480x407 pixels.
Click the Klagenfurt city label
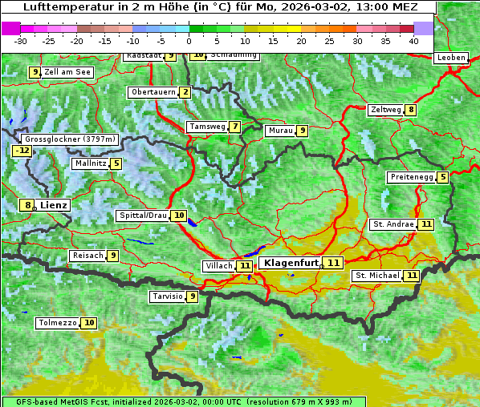pyautogui.click(x=290, y=263)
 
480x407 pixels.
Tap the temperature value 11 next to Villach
pyautogui.click(x=246, y=266)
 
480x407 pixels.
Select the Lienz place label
pyautogui.click(x=54, y=205)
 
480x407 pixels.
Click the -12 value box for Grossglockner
pyautogui.click(x=22, y=151)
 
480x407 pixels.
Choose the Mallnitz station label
pyautogui.click(x=89, y=163)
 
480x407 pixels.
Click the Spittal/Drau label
pyautogui.click(x=143, y=216)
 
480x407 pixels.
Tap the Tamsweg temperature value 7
pyautogui.click(x=234, y=127)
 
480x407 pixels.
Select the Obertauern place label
pyautogui.click(x=153, y=92)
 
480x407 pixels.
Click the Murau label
pyautogui.click(x=279, y=131)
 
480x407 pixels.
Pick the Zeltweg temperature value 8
pyautogui.click(x=411, y=110)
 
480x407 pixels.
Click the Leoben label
pyautogui.click(x=450, y=58)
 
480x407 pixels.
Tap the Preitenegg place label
pyautogui.click(x=411, y=177)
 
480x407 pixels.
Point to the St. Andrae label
pyautogui.click(x=393, y=224)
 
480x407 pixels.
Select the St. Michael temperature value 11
pyautogui.click(x=412, y=276)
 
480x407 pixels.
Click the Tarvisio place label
pyautogui.click(x=167, y=296)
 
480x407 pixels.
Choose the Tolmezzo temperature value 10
pyautogui.click(x=88, y=323)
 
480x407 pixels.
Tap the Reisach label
pyautogui.click(x=87, y=256)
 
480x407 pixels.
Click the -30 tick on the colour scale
pyautogui.click(x=21, y=41)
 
